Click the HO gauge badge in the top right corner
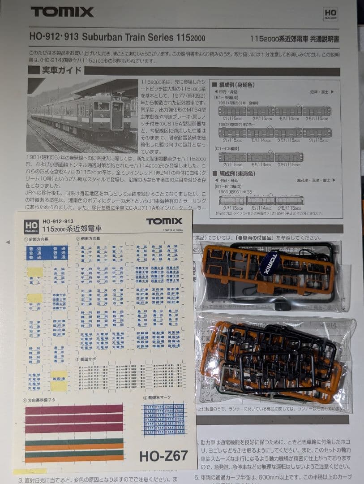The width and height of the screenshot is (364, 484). (x=330, y=14)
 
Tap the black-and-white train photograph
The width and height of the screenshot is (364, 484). (x=82, y=115)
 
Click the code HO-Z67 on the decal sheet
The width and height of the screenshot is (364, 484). (x=163, y=456)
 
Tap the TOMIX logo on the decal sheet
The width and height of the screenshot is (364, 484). (x=164, y=221)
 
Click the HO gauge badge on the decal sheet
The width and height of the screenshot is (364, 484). (x=31, y=227)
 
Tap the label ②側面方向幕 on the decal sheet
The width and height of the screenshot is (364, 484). (x=90, y=239)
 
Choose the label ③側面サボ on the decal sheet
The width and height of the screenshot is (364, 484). (x=87, y=359)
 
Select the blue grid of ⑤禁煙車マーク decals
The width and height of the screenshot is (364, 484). (x=164, y=419)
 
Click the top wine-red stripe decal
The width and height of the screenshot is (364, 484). (x=74, y=409)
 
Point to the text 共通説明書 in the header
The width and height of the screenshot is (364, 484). (x=323, y=39)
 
